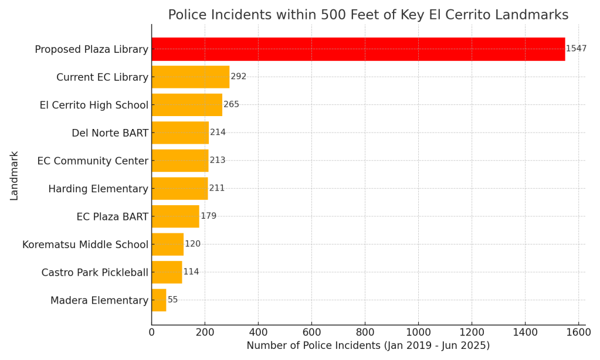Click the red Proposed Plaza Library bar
(x=358, y=49)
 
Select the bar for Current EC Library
(x=190, y=77)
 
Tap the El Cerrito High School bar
(x=187, y=105)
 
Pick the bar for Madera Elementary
(x=158, y=300)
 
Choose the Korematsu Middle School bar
(x=167, y=244)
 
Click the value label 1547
(x=576, y=49)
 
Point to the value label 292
(x=239, y=77)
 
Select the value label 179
(x=209, y=216)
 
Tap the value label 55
(x=173, y=300)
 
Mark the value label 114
(x=191, y=272)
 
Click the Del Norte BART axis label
(x=110, y=133)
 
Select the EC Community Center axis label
(x=93, y=161)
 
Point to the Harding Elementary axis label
(x=98, y=189)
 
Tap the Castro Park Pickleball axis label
(x=94, y=273)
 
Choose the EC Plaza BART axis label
(x=112, y=217)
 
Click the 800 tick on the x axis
(x=365, y=332)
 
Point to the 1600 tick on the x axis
(x=578, y=332)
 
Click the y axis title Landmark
(x=14, y=175)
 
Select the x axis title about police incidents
(x=368, y=346)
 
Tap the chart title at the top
(x=368, y=15)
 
